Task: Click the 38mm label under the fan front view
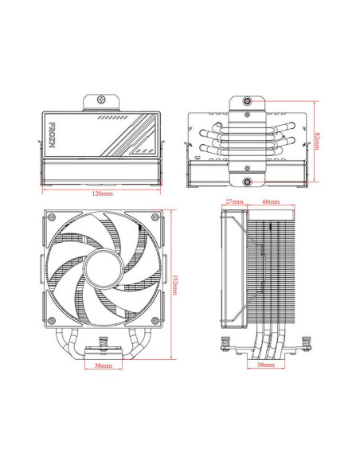103,366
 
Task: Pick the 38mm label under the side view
266,366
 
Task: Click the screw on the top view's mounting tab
101,102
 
